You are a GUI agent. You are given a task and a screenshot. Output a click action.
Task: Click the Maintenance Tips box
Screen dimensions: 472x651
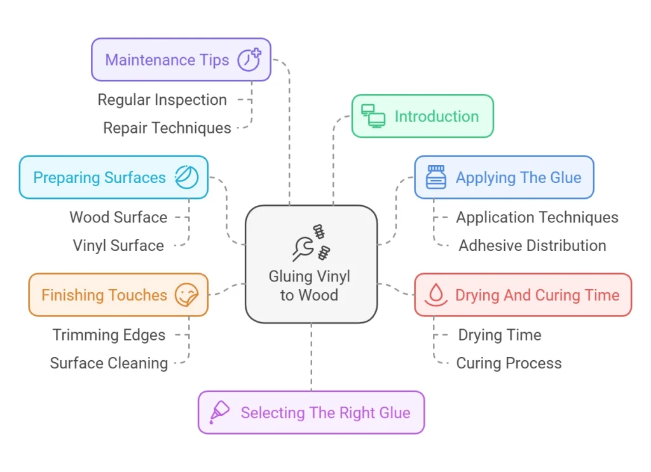point(181,60)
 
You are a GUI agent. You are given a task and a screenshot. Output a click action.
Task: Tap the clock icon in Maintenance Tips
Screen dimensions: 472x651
point(249,60)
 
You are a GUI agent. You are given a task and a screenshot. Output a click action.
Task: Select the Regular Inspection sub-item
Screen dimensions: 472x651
point(162,100)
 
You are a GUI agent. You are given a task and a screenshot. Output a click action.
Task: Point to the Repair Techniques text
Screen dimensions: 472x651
point(167,128)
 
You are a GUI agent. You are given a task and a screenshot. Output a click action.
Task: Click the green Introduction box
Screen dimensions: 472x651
point(422,116)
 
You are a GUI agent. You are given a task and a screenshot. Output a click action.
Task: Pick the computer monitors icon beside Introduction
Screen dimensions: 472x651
point(373,116)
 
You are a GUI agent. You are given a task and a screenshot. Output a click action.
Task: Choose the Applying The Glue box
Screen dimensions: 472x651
point(504,178)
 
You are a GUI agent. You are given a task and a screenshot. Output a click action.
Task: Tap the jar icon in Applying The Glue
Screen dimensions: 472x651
point(436,178)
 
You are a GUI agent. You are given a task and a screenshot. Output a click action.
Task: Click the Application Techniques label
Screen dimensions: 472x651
point(537,217)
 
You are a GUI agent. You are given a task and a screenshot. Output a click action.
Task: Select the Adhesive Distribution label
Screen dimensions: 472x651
point(532,245)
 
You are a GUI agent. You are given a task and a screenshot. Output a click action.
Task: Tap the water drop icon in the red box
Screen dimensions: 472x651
point(436,295)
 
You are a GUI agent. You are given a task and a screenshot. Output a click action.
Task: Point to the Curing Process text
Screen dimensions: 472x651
point(509,363)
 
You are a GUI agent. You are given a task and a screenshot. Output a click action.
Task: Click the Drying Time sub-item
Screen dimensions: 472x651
point(500,335)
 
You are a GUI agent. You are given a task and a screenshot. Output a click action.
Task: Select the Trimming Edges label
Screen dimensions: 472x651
point(109,335)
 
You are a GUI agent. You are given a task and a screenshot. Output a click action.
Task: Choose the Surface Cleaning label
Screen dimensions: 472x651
point(109,363)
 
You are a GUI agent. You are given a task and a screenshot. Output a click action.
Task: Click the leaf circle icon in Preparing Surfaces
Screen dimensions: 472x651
point(187,177)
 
